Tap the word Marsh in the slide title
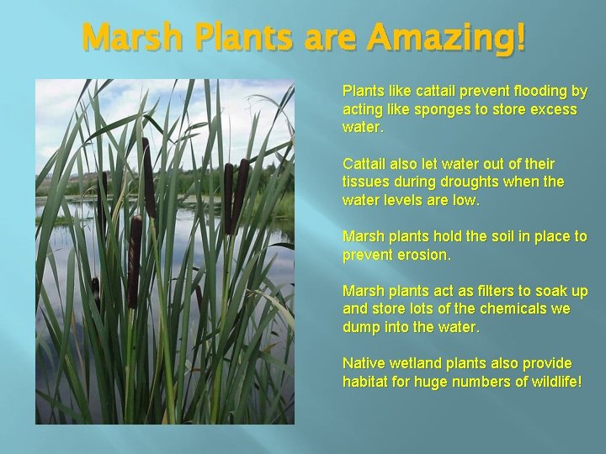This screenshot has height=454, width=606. (132, 38)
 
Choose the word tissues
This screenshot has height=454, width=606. (366, 182)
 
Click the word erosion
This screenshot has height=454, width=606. (423, 254)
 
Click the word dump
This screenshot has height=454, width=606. (362, 327)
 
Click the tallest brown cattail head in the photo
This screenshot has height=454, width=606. (148, 177)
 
